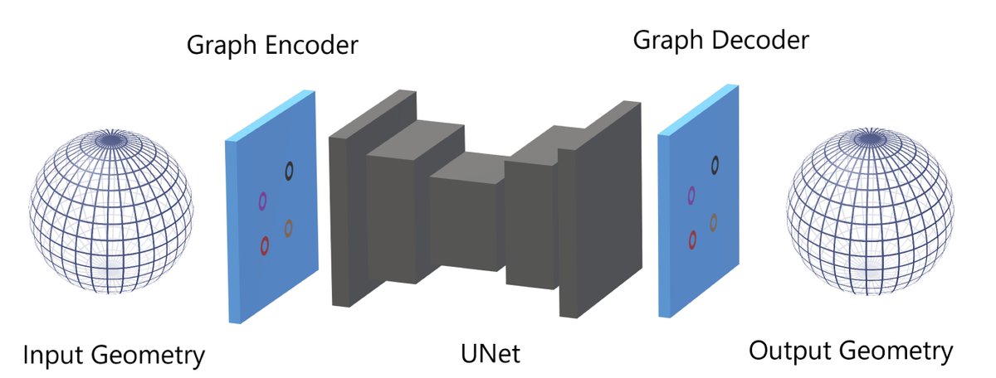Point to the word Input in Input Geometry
(51, 356)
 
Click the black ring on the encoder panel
(289, 171)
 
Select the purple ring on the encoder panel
(262, 201)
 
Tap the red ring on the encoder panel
(265, 245)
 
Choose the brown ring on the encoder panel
(289, 227)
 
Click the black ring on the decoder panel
(714, 165)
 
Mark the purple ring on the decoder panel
(691, 196)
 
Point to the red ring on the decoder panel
(692, 240)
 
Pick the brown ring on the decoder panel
(714, 221)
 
